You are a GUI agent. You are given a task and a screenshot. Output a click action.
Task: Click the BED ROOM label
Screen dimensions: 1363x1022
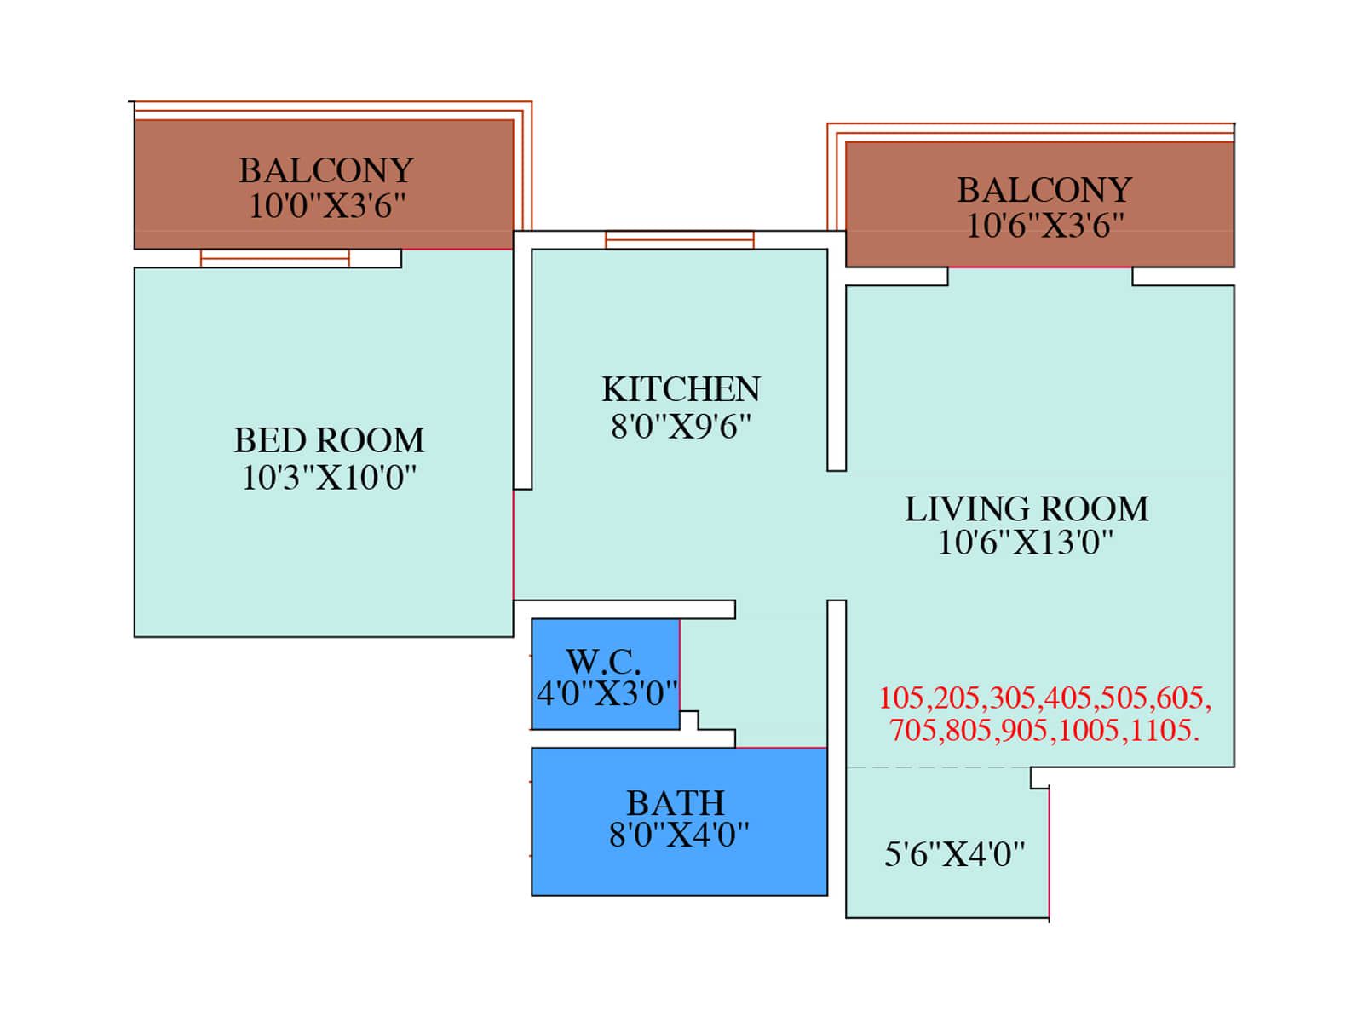pyautogui.click(x=329, y=440)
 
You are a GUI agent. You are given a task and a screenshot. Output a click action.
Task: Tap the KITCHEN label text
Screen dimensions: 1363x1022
pyautogui.click(x=681, y=389)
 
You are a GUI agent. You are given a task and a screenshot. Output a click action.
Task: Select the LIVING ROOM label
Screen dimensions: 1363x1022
pyautogui.click(x=1026, y=508)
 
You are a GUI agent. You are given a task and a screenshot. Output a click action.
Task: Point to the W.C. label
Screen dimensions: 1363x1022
pyautogui.click(x=602, y=662)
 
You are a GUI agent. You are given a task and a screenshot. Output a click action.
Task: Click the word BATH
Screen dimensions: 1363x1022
pyautogui.click(x=676, y=803)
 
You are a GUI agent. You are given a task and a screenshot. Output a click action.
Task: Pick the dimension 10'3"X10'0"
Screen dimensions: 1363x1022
pyautogui.click(x=329, y=478)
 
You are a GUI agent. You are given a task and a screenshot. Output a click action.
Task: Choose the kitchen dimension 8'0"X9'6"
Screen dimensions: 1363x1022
pyautogui.click(x=681, y=427)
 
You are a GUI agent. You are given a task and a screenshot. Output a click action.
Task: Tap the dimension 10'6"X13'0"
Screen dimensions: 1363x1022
pyautogui.click(x=1025, y=542)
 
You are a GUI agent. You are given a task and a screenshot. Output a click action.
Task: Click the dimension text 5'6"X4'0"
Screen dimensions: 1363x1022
pyautogui.click(x=954, y=854)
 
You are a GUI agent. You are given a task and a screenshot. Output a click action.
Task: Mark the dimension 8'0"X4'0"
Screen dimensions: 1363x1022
pyautogui.click(x=679, y=835)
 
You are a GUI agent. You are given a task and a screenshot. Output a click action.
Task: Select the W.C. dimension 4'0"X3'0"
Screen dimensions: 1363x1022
pyautogui.click(x=607, y=693)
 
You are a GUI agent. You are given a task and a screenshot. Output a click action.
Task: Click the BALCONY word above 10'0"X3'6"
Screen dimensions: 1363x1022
pyautogui.click(x=326, y=170)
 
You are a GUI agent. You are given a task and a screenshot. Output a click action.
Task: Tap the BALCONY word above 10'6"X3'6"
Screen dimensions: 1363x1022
pyautogui.click(x=1044, y=190)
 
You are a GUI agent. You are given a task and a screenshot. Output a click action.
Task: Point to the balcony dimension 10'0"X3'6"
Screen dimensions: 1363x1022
pyautogui.click(x=326, y=205)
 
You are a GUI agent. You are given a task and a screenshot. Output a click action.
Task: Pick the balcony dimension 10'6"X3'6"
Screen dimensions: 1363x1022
pyautogui.click(x=1045, y=225)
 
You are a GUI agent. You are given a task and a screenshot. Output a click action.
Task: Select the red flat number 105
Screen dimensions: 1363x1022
pyautogui.click(x=903, y=698)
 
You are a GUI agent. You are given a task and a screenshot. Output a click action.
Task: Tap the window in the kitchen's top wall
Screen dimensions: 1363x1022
pyautogui.click(x=679, y=239)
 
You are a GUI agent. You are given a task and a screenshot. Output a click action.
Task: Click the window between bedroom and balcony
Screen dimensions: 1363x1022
pyautogui.click(x=274, y=258)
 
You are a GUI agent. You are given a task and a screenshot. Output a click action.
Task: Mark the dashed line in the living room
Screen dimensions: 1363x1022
pyautogui.click(x=938, y=767)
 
